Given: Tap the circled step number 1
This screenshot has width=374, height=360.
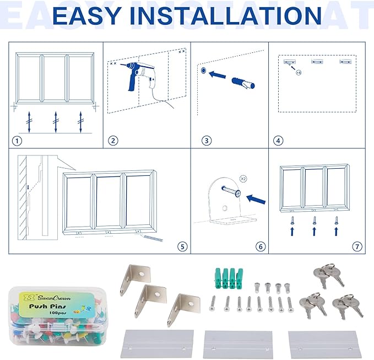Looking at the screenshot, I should tap(18, 141).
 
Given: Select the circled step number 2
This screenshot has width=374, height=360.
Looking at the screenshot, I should tap(113, 141).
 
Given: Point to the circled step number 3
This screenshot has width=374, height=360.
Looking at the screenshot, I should tap(207, 141).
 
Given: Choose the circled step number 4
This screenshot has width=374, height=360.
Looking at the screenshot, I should tap(278, 141).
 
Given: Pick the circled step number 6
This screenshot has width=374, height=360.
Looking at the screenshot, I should tap(261, 246).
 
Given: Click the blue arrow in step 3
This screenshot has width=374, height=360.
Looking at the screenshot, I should tap(220, 77).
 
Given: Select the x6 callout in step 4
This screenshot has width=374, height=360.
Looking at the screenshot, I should tap(298, 72).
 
